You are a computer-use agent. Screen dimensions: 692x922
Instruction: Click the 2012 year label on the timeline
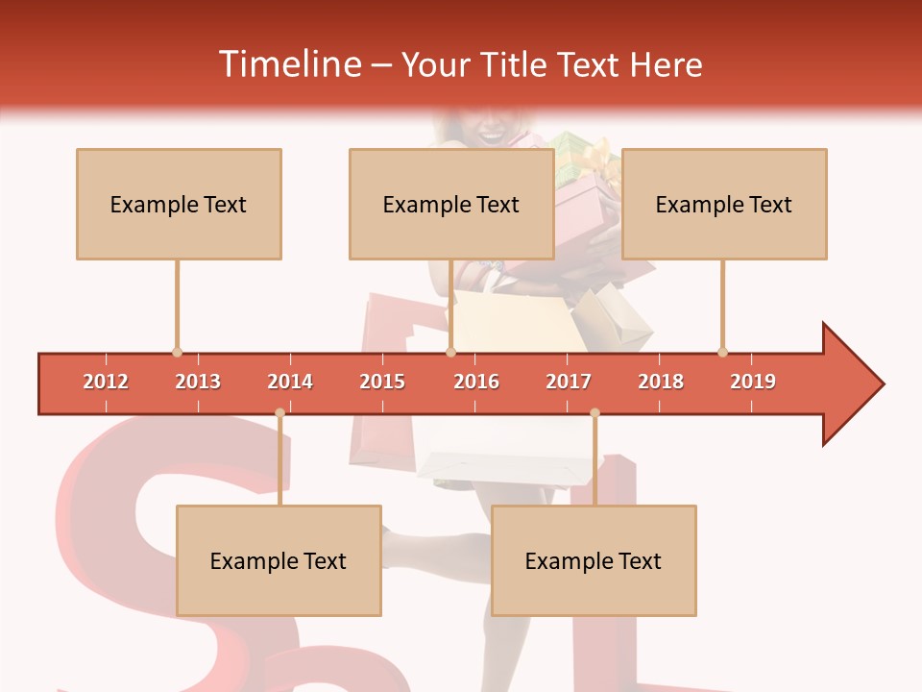coord(106,382)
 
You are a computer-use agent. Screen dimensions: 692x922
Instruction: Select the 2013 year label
coord(198,382)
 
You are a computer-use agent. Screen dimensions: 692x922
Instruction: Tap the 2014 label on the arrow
coord(290,382)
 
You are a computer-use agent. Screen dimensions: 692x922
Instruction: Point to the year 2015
coord(382,382)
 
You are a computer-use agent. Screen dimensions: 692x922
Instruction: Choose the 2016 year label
coord(476,382)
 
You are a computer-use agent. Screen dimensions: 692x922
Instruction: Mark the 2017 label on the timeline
coord(569,382)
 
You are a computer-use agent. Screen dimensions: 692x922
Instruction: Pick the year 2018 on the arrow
coord(661,382)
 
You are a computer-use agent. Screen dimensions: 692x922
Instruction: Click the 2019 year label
coord(753,382)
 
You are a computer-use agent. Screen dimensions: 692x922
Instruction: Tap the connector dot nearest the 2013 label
coord(177,352)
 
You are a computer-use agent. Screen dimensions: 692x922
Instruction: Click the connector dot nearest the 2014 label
coord(279,413)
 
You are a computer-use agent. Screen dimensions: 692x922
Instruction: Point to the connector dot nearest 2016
coord(450,352)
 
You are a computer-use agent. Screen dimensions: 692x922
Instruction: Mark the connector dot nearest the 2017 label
coord(594,413)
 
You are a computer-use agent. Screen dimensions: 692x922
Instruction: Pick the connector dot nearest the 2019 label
coord(722,352)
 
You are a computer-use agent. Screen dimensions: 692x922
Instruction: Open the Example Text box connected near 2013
coord(179,205)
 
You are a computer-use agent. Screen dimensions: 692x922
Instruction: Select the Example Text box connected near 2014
coord(279,561)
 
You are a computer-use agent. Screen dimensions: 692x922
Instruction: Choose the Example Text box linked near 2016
coord(451,205)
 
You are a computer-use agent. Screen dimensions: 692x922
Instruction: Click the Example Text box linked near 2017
coord(594,561)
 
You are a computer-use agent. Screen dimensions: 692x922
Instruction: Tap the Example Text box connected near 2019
coord(724,205)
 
